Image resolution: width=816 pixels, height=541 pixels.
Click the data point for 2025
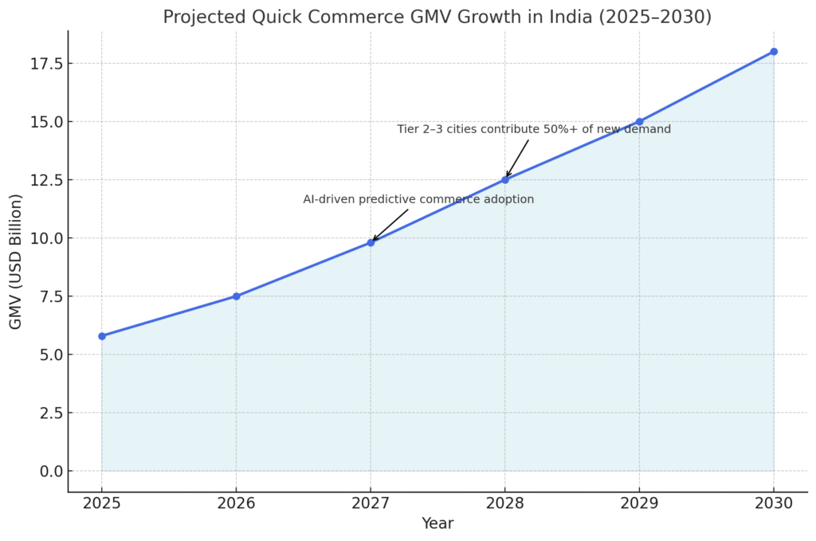(x=102, y=336)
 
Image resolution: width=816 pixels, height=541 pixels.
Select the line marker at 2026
(x=236, y=296)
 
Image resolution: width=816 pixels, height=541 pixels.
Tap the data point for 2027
(x=371, y=242)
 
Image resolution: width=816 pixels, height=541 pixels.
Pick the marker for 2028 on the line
(x=505, y=180)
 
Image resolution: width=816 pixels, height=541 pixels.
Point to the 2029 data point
(x=639, y=122)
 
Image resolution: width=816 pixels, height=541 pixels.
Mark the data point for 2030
(x=774, y=52)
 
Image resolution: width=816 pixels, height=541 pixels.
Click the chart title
(x=437, y=17)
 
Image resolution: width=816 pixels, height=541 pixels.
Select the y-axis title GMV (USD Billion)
(x=16, y=261)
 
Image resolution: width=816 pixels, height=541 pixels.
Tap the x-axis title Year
(x=437, y=523)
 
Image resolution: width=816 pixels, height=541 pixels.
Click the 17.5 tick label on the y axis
(x=46, y=64)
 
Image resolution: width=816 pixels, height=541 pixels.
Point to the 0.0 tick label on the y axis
(x=51, y=471)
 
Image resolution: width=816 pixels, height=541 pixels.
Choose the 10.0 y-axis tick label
(x=46, y=238)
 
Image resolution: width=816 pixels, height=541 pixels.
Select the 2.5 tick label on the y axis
(x=51, y=413)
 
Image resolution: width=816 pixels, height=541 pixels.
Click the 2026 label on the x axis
(x=236, y=503)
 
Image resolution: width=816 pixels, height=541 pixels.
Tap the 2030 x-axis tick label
(x=774, y=503)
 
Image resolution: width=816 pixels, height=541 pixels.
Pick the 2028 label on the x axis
(x=505, y=503)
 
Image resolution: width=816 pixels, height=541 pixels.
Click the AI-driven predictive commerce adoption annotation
(x=418, y=199)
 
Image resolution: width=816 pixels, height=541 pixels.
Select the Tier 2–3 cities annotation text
(x=534, y=129)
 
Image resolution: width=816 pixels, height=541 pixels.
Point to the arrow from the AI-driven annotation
(x=390, y=225)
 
